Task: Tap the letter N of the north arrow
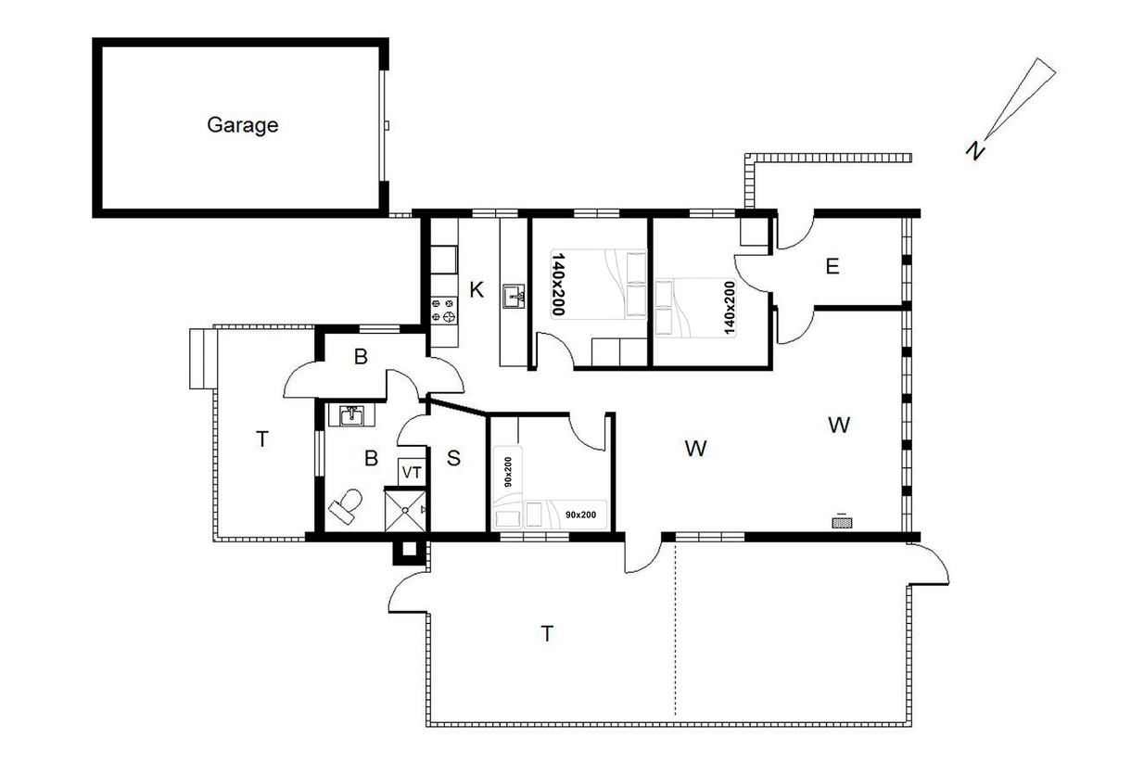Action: click(975, 149)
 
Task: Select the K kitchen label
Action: click(476, 290)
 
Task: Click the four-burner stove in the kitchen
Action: click(443, 310)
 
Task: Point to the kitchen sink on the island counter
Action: click(514, 297)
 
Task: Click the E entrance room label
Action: click(832, 266)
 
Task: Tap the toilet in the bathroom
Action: click(346, 505)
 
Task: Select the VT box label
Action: click(412, 473)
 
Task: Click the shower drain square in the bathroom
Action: click(404, 511)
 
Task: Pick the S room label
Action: click(453, 458)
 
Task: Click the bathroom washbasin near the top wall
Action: click(351, 415)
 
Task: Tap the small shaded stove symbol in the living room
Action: click(842, 523)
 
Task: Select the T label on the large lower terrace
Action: click(547, 634)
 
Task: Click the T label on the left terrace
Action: click(262, 439)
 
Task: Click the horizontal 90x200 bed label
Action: click(580, 515)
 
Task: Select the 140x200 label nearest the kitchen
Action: click(558, 284)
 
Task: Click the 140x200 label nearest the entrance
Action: click(730, 308)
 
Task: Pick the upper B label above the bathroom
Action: click(361, 357)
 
